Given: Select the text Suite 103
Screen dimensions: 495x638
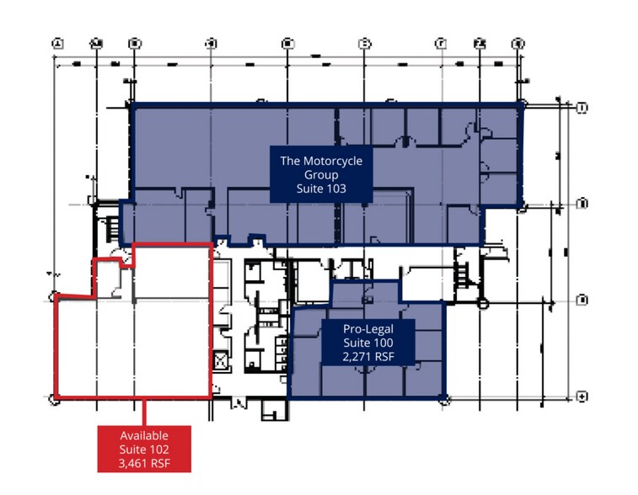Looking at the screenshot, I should [x=320, y=189].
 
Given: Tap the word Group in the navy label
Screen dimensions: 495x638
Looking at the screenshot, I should [x=320, y=174].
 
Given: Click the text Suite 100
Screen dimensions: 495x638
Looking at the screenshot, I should [x=367, y=343].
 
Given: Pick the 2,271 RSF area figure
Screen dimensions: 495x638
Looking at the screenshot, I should [x=367, y=358].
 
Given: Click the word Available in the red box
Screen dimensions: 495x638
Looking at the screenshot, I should [x=143, y=435].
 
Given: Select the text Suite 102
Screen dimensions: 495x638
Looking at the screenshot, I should [x=143, y=450].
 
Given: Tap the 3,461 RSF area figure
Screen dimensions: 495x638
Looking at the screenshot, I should [x=143, y=463].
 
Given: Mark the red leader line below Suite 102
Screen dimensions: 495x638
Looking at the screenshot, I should [x=144, y=412].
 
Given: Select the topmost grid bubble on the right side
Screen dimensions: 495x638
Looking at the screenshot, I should [x=582, y=107].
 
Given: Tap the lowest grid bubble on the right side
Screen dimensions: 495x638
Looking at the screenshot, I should [x=582, y=396].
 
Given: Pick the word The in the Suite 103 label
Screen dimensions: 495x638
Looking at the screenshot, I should [x=290, y=160].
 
